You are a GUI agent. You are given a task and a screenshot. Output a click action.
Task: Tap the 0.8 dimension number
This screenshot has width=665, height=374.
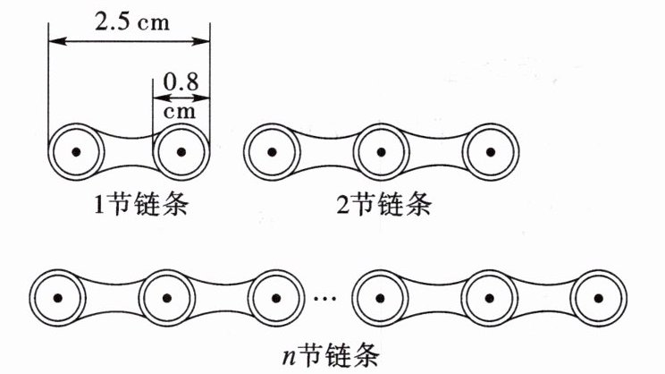click(x=181, y=85)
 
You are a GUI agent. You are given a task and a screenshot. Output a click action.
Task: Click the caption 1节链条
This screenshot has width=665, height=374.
click(x=129, y=206)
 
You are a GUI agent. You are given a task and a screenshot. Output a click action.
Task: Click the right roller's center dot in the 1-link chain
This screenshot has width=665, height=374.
click(x=181, y=152)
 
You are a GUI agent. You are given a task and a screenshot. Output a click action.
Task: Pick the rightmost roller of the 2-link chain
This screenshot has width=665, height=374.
click(x=487, y=152)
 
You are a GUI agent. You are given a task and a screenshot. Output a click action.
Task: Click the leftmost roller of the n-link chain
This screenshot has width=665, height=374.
click(x=57, y=298)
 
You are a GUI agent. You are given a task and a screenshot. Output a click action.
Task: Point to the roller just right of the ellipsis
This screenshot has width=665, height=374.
click(x=381, y=298)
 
